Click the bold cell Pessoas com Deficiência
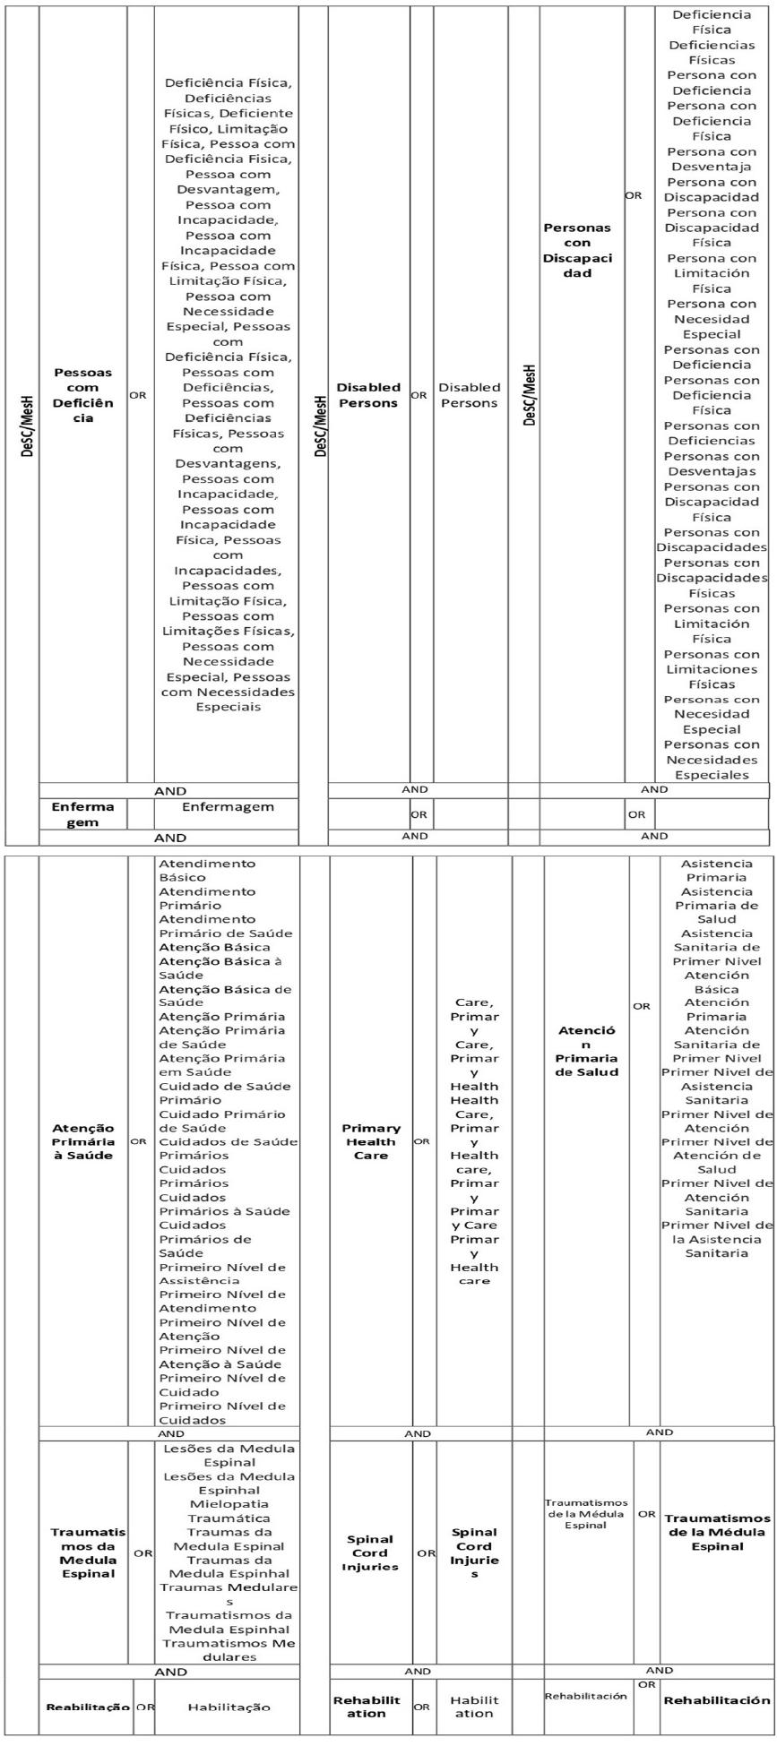click(82, 395)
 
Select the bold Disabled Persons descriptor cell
click(367, 395)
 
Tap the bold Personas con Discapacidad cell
click(577, 250)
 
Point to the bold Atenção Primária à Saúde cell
click(82, 1141)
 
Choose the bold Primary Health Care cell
click(371, 1141)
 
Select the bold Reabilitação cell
click(88, 1707)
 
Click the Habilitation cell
click(473, 1707)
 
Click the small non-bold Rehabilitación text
click(586, 1696)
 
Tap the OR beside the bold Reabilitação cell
click(144, 1707)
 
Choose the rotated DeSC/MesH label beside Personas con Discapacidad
click(531, 395)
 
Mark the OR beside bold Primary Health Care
click(421, 1142)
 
